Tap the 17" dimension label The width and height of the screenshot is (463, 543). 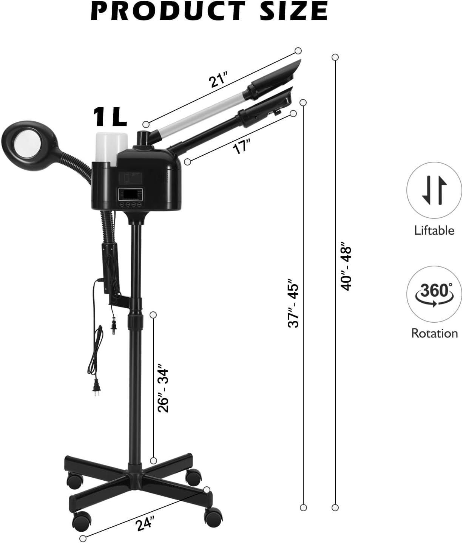click(241, 147)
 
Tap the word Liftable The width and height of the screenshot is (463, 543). click(434, 231)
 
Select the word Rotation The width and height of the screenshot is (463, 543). click(434, 333)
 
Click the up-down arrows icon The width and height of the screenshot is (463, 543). click(434, 190)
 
